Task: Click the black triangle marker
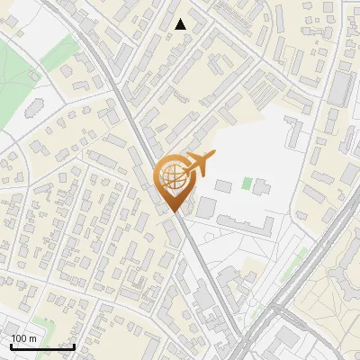point(181,24)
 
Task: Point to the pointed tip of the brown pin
point(176,214)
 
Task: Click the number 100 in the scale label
point(20,338)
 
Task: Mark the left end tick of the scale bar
point(10,346)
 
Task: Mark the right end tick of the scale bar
point(74,346)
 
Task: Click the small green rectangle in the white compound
point(247,183)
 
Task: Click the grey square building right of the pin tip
point(207,208)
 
